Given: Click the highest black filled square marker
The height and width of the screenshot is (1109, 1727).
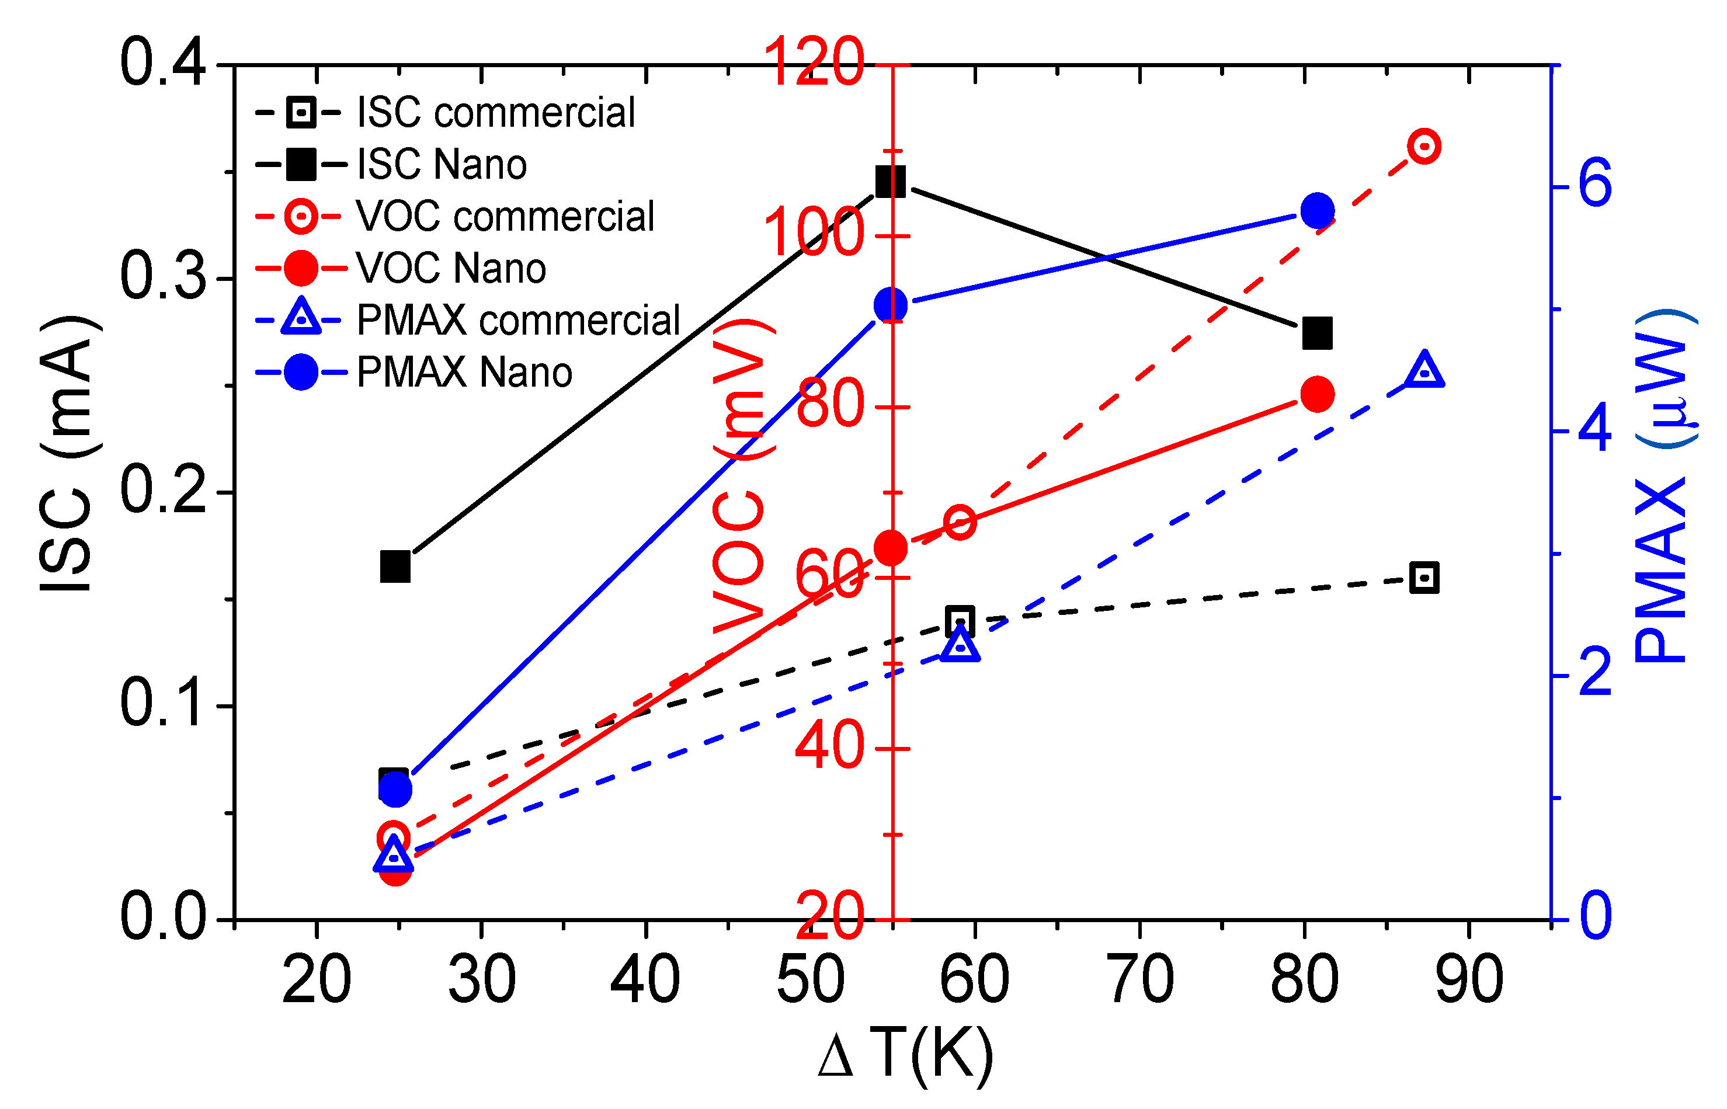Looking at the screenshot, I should pyautogui.click(x=890, y=182).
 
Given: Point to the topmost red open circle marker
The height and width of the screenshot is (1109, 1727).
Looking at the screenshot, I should pyautogui.click(x=1424, y=146).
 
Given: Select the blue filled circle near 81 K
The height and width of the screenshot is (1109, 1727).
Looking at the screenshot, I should pyautogui.click(x=1317, y=211).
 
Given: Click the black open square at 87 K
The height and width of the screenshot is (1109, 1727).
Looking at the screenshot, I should pyautogui.click(x=1424, y=578).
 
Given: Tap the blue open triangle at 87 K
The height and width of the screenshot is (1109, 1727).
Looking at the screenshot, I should pyautogui.click(x=1424, y=371).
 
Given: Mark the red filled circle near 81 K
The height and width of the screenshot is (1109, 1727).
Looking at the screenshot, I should pyautogui.click(x=1317, y=394).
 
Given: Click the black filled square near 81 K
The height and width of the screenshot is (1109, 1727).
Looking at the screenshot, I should pyautogui.click(x=1317, y=333).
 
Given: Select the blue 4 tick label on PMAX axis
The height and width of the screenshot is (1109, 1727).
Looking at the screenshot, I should pyautogui.click(x=1594, y=430).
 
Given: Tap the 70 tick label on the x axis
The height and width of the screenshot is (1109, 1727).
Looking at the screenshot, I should pyautogui.click(x=1140, y=979).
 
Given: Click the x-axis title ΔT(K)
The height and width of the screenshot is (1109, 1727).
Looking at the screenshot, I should pyautogui.click(x=906, y=1056).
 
